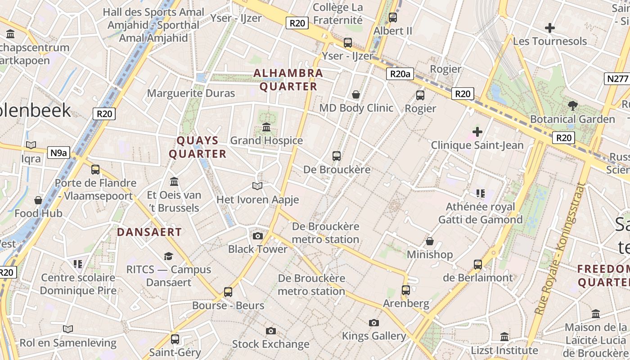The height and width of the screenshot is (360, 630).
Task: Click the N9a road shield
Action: click(58, 153)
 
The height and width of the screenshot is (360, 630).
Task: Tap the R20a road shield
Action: click(400, 74)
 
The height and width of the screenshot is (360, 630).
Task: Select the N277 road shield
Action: click(617, 79)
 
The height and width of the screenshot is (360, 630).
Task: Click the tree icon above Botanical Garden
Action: click(572, 106)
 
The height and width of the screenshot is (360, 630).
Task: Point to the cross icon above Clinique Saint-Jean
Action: click(477, 132)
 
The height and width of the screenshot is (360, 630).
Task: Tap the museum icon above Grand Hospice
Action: click(266, 127)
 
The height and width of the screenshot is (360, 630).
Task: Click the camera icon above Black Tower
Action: click(258, 236)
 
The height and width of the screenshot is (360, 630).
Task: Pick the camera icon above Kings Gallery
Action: click(373, 323)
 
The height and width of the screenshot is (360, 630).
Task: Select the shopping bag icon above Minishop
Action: click(430, 241)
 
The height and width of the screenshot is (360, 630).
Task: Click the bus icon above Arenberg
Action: click(406, 290)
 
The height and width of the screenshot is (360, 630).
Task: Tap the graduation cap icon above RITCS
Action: click(168, 256)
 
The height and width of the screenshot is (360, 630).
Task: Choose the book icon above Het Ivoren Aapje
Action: click(257, 186)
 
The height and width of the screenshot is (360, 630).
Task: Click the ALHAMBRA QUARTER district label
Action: click(288, 80)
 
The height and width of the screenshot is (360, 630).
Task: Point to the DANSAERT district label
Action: click(149, 232)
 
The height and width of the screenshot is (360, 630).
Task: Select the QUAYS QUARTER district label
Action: click(198, 147)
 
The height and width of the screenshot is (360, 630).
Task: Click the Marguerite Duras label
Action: click(191, 94)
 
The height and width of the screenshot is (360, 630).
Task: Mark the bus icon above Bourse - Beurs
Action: click(228, 292)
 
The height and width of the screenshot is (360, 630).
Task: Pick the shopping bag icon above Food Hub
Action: click(38, 200)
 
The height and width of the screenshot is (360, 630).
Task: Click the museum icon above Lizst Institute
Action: click(504, 337)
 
